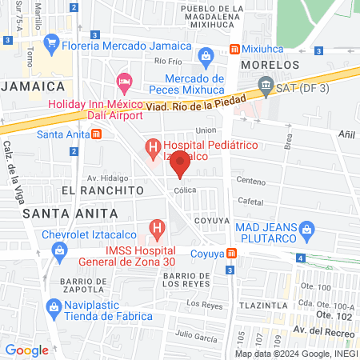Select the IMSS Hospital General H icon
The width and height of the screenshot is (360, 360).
coord(158,230)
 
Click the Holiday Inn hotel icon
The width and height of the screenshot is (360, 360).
coord(124,81)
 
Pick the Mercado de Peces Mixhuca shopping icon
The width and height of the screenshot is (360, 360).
coord(206,56)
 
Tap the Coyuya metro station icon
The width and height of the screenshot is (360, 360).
coord(232,254)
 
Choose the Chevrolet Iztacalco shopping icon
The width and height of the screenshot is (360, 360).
coord(58,250)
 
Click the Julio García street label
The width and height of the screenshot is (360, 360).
coord(195,334)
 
